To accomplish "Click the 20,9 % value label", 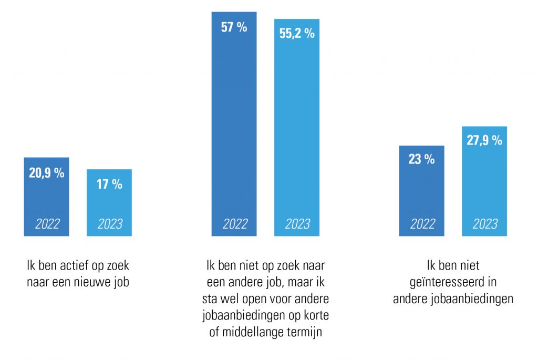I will point(46,173).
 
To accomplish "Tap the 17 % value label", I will point(109,184).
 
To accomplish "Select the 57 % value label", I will point(234,28).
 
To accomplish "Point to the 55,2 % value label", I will point(297,33).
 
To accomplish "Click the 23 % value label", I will point(421,160).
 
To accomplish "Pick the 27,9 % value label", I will point(484,140).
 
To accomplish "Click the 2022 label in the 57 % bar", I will point(234,224).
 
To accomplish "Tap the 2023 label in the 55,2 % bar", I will point(297,224).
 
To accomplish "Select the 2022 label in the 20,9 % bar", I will point(47,224).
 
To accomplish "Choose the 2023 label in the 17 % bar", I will point(109,224).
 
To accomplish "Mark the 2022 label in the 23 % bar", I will point(422,224).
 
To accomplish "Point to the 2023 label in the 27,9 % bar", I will point(484,224).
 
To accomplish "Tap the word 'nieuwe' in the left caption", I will point(92,282).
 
